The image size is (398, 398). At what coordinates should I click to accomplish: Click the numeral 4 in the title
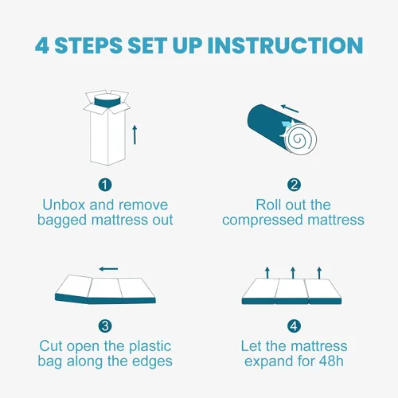pos(42,45)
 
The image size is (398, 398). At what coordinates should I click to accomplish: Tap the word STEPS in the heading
pos(88,45)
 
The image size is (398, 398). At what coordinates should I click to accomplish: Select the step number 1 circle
pos(105,185)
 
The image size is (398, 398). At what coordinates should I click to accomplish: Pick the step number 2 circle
pos(294,185)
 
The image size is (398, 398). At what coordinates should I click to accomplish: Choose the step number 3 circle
pos(105,326)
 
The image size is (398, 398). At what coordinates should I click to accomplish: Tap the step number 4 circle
pos(294,326)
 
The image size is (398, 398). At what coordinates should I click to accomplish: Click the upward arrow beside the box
pos(135,135)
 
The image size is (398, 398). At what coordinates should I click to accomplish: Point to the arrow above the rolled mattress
pos(290,108)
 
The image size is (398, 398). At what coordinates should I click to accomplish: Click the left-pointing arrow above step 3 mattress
pos(108,269)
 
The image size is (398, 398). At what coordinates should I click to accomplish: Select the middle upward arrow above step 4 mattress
pos(293,273)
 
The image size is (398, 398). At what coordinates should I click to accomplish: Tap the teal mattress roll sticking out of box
pos(107,100)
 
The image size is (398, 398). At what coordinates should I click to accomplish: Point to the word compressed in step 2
pos(263,220)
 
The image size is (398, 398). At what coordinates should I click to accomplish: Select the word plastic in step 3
pos(150,347)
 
